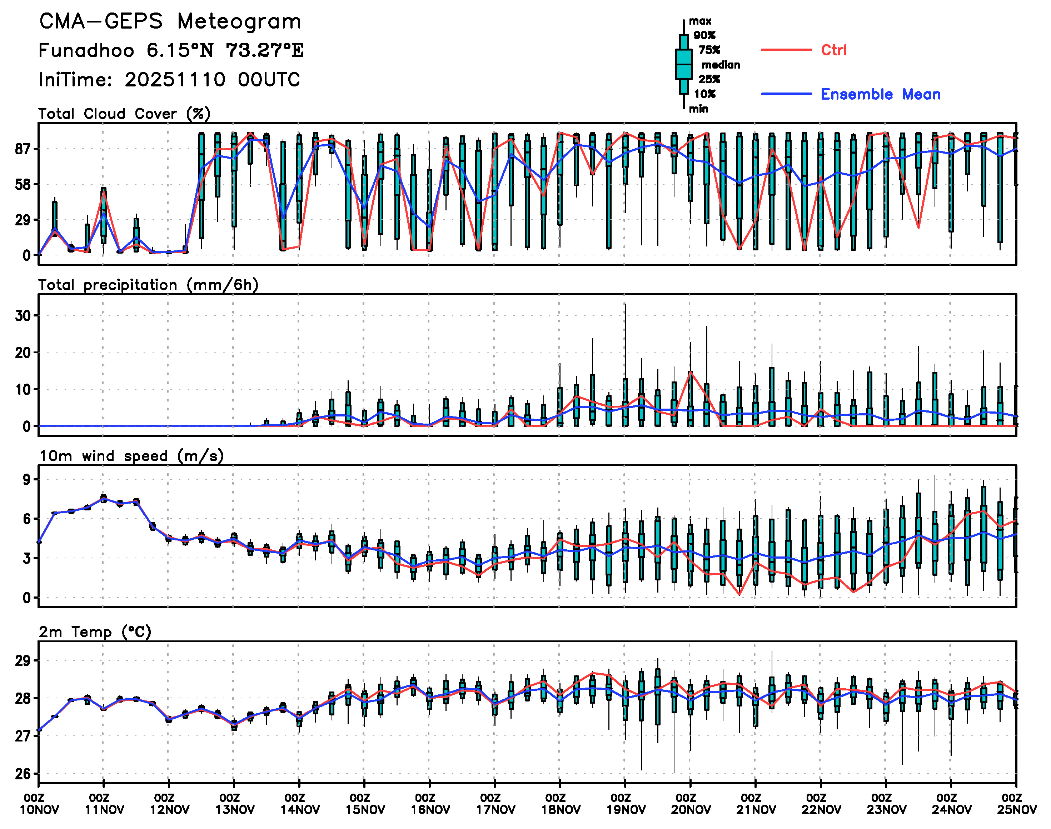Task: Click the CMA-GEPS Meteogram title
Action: coord(170,22)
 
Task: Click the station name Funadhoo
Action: coord(86,50)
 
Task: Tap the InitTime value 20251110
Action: coord(175,80)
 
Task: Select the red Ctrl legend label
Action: coord(833,50)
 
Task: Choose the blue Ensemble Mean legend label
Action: coord(880,94)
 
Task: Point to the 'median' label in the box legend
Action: coord(721,65)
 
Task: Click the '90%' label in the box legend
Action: coord(704,35)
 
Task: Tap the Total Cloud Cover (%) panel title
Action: coord(124,114)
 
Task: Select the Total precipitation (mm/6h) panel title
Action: coord(148,285)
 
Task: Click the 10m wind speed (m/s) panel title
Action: coord(131,456)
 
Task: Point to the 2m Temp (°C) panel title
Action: coord(95,632)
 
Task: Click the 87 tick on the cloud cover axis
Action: coord(23,149)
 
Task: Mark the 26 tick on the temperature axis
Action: coord(23,774)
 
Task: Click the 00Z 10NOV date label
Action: coord(39,804)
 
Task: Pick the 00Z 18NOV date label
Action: coord(560,804)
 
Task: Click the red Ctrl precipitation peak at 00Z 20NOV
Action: coord(690,372)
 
